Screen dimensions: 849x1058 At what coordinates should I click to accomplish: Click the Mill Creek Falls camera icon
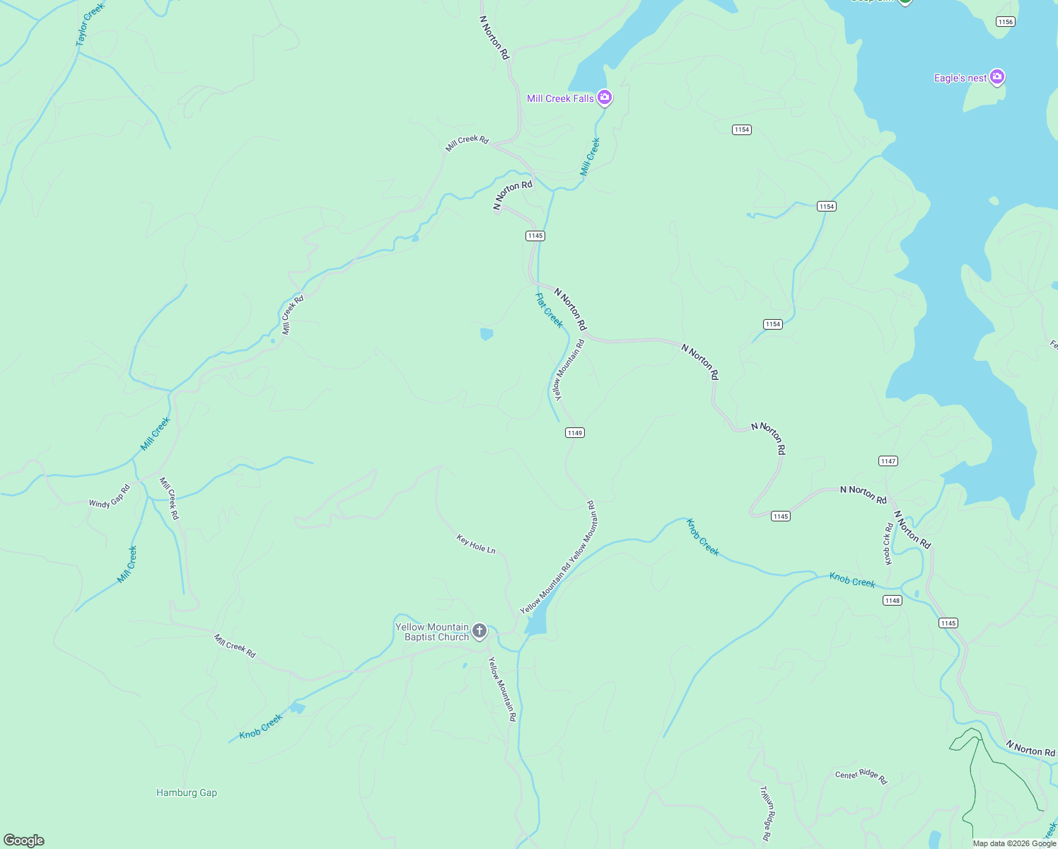[604, 97]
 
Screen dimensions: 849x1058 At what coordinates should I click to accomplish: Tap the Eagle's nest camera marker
[996, 76]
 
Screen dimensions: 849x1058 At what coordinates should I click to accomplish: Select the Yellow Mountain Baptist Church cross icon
[479, 630]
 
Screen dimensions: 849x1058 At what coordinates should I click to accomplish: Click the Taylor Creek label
[90, 25]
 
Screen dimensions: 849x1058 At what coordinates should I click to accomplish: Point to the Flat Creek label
[549, 311]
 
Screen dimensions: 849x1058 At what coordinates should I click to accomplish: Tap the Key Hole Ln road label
[476, 544]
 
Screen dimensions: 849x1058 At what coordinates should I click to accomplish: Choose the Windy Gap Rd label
[110, 496]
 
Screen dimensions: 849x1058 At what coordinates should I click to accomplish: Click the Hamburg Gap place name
[187, 792]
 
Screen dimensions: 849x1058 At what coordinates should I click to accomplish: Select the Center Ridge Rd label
[861, 775]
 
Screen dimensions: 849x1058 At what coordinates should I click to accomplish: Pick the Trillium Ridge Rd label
[765, 813]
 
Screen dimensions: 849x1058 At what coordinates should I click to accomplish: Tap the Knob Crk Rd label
[889, 543]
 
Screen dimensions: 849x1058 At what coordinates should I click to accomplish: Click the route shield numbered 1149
[574, 433]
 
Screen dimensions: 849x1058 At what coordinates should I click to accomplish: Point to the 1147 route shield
[888, 461]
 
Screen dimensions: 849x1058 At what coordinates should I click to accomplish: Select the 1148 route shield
[892, 601]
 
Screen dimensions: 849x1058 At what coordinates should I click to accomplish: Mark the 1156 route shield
[1005, 22]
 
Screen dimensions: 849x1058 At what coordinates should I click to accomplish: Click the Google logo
[24, 841]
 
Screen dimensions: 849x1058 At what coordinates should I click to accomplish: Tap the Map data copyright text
[1014, 843]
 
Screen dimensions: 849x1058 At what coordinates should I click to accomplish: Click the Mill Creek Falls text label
[560, 98]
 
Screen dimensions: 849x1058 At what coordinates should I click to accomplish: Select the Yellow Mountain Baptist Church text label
[432, 632]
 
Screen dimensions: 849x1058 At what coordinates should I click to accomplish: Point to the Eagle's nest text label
[960, 78]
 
